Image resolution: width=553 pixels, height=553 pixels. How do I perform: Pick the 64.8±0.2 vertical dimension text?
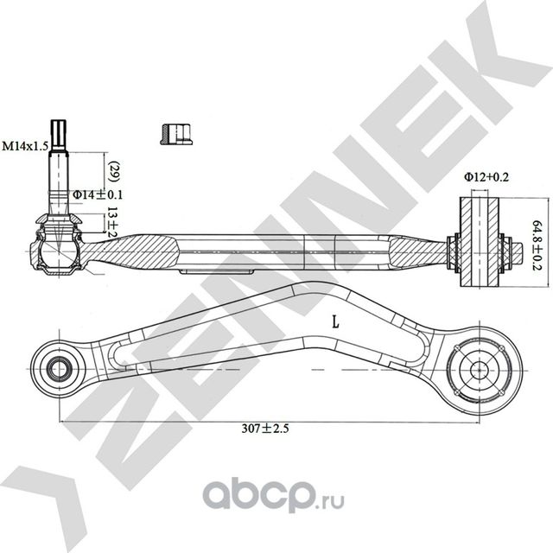pos(537,245)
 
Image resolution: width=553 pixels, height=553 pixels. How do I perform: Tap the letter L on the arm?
pos(335,322)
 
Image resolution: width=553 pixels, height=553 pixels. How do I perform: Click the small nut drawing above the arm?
pos(175,132)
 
